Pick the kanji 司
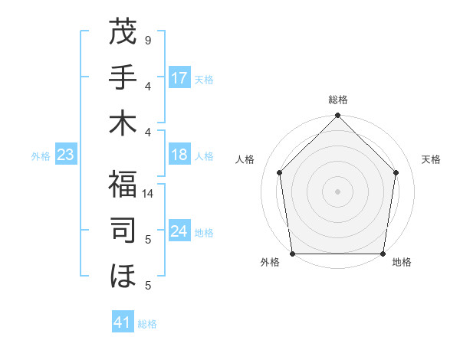(123, 231)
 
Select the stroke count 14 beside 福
(148, 195)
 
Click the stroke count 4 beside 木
(147, 132)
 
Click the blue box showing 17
(179, 78)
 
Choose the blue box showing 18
(179, 155)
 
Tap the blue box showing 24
(179, 231)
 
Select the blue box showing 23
(65, 155)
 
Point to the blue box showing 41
(123, 322)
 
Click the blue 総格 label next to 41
(147, 324)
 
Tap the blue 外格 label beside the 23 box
(41, 156)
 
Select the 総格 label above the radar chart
(338, 100)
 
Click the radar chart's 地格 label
(402, 262)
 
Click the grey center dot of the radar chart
(338, 191)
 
